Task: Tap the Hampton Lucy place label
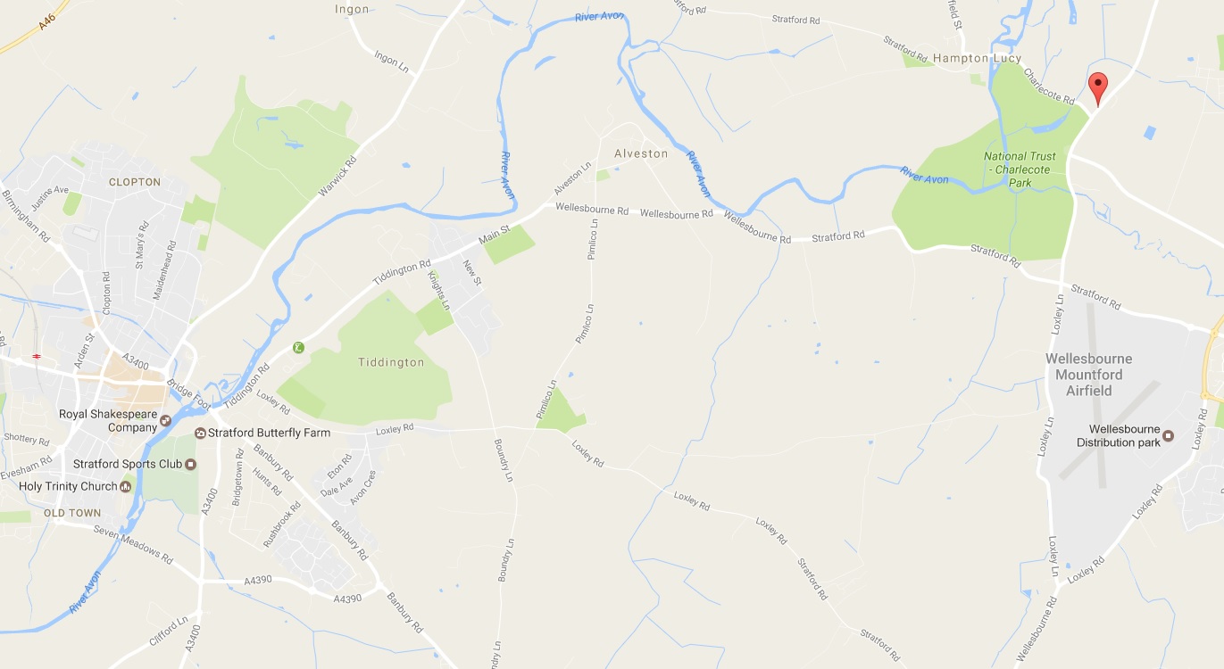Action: (x=977, y=58)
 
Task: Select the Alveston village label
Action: (x=641, y=153)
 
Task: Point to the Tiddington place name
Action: (x=391, y=362)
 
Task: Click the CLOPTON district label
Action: (x=135, y=182)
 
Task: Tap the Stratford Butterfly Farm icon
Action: (x=201, y=433)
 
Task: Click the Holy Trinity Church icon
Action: (x=126, y=486)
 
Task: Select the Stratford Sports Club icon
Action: (x=190, y=464)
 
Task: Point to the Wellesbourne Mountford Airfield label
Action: (x=1088, y=375)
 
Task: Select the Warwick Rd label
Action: (x=337, y=178)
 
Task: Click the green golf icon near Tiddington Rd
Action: (x=298, y=347)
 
